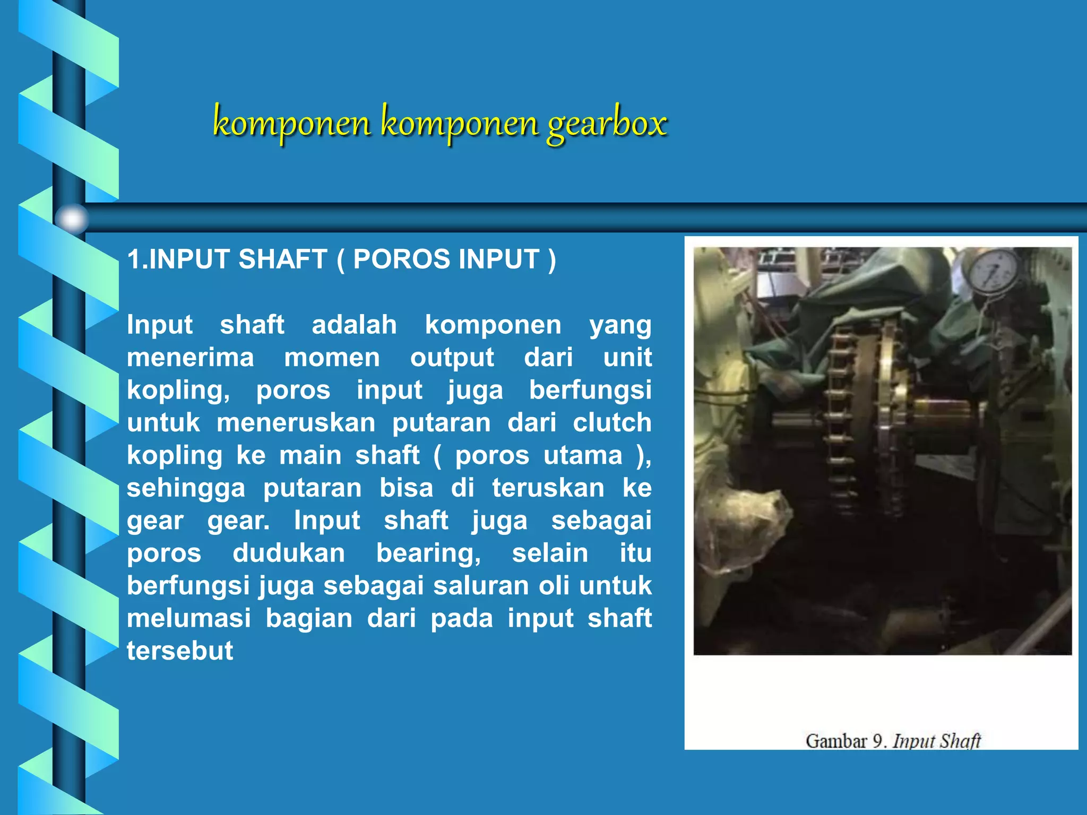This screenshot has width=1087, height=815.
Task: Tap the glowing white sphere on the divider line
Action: click(72, 219)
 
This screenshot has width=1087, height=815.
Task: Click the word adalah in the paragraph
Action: click(354, 325)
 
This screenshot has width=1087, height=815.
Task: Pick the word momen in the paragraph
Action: click(332, 358)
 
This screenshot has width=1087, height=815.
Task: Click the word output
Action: click(452, 358)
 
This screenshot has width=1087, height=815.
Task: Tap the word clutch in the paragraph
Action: click(612, 423)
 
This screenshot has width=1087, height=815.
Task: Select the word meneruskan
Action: click(296, 423)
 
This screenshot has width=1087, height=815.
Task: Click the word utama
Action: click(583, 455)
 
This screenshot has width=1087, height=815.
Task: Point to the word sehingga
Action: click(186, 488)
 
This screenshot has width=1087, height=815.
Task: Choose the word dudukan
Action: click(289, 553)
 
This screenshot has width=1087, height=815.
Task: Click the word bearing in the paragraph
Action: click(428, 553)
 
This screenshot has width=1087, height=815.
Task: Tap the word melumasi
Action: click(188, 619)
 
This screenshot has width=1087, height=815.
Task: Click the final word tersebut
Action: click(180, 651)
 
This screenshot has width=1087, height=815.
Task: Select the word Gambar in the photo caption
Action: click(836, 741)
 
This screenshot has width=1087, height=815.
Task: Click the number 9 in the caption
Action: click(878, 741)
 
